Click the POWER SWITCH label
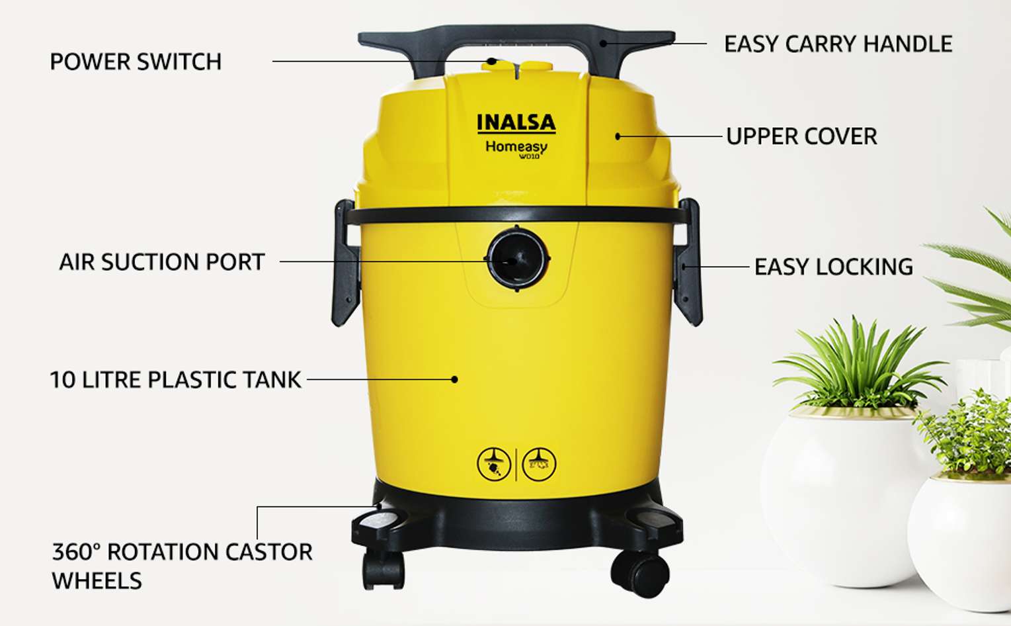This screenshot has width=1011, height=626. click(x=136, y=62)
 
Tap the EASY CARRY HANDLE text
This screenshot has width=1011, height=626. click(x=838, y=44)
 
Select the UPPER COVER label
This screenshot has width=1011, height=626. click(x=801, y=136)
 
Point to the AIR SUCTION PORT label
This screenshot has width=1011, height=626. click(x=161, y=262)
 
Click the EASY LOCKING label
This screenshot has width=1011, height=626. click(x=834, y=267)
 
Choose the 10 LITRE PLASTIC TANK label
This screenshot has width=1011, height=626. click(x=175, y=380)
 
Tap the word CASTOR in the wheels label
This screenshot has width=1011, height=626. click(x=268, y=552)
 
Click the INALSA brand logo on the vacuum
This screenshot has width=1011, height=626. click(x=516, y=123)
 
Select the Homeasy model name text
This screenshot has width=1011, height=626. click(x=516, y=148)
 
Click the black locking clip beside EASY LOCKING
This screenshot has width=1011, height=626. click(x=687, y=262)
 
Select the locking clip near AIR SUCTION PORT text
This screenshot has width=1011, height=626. click(x=346, y=263)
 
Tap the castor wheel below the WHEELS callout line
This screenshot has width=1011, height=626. click(x=383, y=570)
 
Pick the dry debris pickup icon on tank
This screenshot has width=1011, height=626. click(x=494, y=465)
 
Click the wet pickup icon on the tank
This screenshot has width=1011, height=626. click(x=540, y=465)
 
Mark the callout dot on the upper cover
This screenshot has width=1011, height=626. click(x=618, y=136)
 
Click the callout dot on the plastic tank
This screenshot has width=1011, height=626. click(x=454, y=380)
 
